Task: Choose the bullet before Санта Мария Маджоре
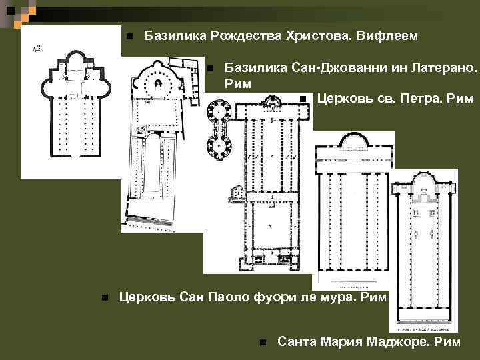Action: (x=263, y=343)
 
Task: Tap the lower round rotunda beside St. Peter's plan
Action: (x=218, y=143)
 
